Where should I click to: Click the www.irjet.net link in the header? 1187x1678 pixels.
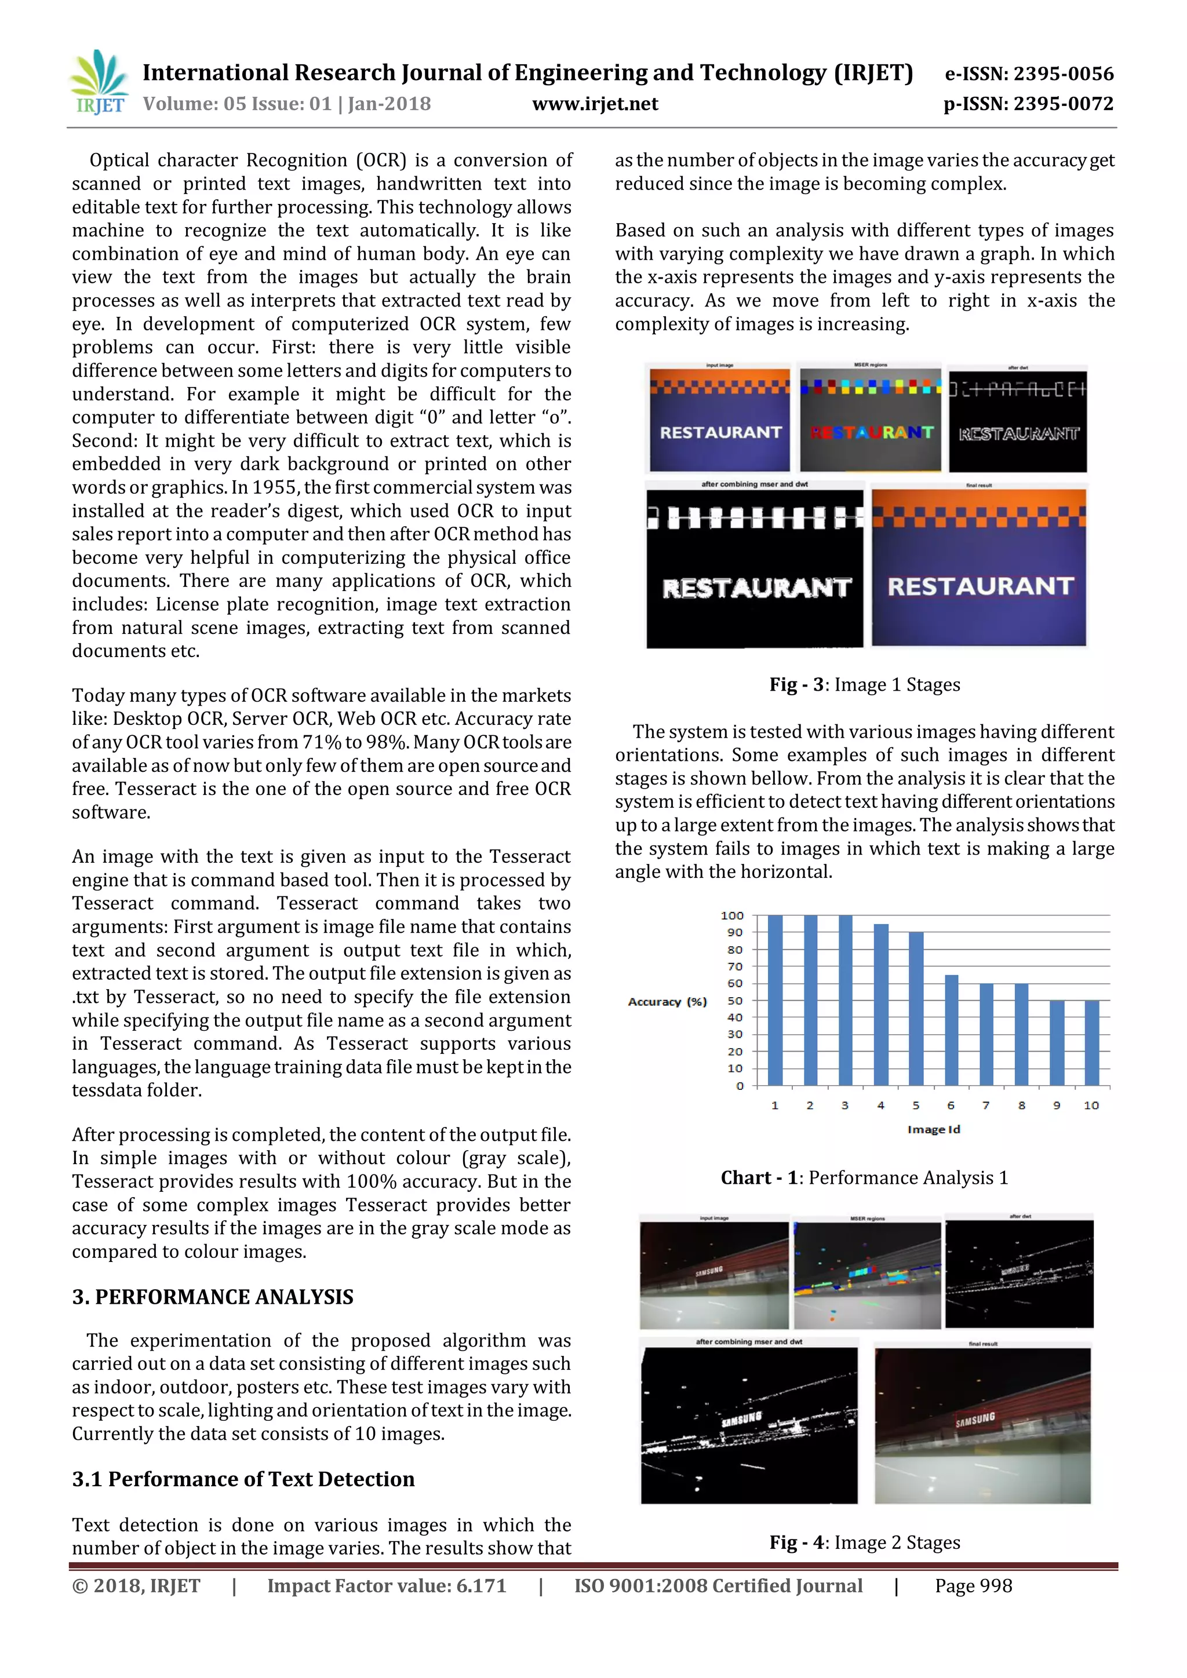595,104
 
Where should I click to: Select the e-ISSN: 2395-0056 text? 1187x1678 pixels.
1029,73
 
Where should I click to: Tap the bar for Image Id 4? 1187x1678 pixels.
881,1005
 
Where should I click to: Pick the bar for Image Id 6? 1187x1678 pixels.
951,1030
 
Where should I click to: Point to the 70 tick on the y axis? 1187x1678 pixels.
734,966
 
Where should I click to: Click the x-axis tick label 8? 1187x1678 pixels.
1021,1105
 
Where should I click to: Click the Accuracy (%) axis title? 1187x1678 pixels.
667,1001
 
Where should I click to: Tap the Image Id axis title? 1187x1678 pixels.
933,1129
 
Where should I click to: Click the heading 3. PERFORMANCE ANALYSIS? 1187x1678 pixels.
213,1297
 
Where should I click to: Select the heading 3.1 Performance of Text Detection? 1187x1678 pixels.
243,1479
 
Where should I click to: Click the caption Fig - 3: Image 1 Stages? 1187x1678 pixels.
865,685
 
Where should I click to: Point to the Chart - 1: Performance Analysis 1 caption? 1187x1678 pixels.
865,1177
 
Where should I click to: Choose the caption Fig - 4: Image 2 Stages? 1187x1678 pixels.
865,1542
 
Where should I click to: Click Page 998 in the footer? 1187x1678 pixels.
974,1586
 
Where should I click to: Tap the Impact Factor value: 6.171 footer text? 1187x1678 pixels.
386,1586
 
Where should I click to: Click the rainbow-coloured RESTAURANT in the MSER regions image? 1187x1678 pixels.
871,433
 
